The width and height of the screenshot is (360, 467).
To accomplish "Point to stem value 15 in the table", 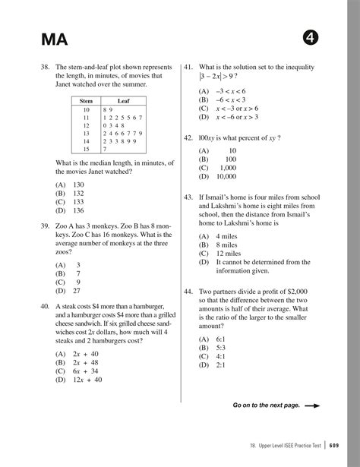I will (x=86, y=150).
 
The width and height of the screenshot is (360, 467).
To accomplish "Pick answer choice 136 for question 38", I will (x=78, y=210).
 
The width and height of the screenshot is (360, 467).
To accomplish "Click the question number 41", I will (x=189, y=67).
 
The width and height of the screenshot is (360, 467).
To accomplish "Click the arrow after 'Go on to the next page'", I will (x=311, y=405).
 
